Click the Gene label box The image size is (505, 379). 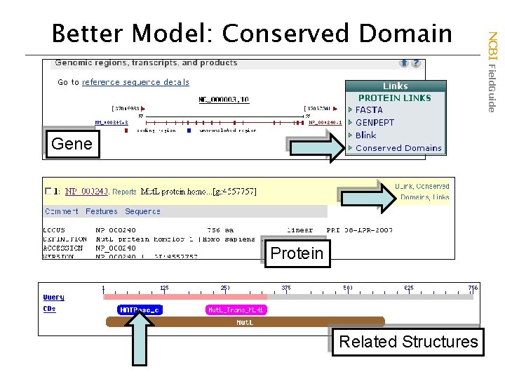click(72, 144)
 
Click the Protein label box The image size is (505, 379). click(297, 253)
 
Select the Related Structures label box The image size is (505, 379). click(408, 342)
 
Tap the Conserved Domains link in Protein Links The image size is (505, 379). click(398, 148)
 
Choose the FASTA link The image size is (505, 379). click(369, 110)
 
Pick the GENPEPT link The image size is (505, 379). click(375, 123)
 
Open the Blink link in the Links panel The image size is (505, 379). click(365, 135)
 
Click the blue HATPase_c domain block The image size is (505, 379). click(140, 310)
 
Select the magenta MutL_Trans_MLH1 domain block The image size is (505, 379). click(236, 310)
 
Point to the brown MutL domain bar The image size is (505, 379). click(245, 322)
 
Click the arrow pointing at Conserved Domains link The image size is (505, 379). click(316, 145)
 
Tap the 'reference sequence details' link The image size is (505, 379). click(135, 82)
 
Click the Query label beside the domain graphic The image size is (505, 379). click(54, 298)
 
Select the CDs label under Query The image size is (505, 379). click(49, 309)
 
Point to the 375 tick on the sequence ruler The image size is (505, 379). click(286, 288)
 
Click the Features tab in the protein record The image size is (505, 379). click(102, 211)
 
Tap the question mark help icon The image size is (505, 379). click(417, 63)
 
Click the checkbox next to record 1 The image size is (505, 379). click(48, 191)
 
